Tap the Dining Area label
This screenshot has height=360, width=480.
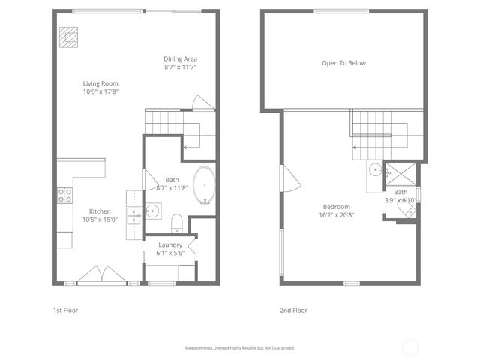click(x=180, y=58)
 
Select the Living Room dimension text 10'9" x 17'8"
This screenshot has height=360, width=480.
click(x=100, y=91)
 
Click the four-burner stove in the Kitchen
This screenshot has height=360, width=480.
click(x=65, y=195)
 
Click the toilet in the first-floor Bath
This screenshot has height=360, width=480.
click(x=178, y=223)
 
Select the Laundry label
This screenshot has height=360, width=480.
click(x=171, y=244)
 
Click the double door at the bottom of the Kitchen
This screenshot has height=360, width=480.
click(x=98, y=274)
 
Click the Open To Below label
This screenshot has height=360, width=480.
click(x=343, y=63)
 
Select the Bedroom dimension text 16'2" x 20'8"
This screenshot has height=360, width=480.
click(x=337, y=215)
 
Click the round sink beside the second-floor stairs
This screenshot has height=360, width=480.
click(x=374, y=169)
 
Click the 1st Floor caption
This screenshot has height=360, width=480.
click(x=65, y=310)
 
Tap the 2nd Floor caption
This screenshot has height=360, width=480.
click(x=293, y=310)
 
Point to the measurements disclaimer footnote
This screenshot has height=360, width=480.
click(x=240, y=348)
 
